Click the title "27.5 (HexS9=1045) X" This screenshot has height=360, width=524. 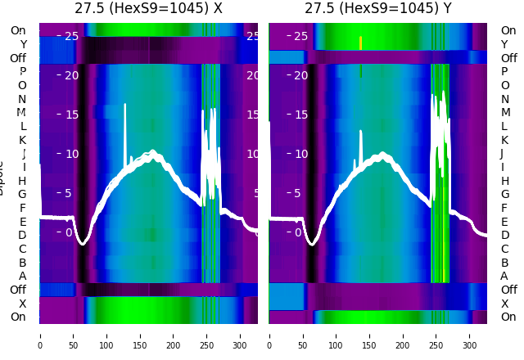[x=148, y=9]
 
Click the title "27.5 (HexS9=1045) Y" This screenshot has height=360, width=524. [x=378, y=9]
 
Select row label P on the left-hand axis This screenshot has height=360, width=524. [x=22, y=72]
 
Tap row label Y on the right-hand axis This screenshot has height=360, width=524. [x=504, y=44]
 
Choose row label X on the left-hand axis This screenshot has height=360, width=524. [x=22, y=304]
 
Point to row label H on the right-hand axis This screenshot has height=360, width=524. [x=504, y=181]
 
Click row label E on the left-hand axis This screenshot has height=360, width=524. [x=22, y=222]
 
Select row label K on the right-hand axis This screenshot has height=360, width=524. [x=504, y=140]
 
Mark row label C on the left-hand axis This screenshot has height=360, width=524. [x=22, y=249]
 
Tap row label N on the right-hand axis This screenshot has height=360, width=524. [x=504, y=99]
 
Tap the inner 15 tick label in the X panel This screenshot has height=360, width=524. [x=70, y=115]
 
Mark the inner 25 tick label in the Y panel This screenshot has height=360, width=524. [x=300, y=36]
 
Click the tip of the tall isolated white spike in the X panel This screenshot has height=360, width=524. [x=125, y=105]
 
